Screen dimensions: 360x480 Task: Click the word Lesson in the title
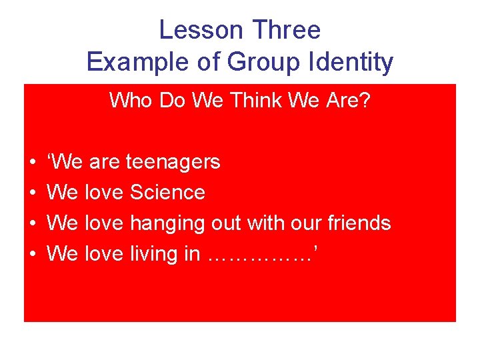point(201,30)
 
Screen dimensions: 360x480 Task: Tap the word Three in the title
point(287,30)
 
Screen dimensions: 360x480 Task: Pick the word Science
point(167,193)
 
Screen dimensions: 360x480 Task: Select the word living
point(153,254)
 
